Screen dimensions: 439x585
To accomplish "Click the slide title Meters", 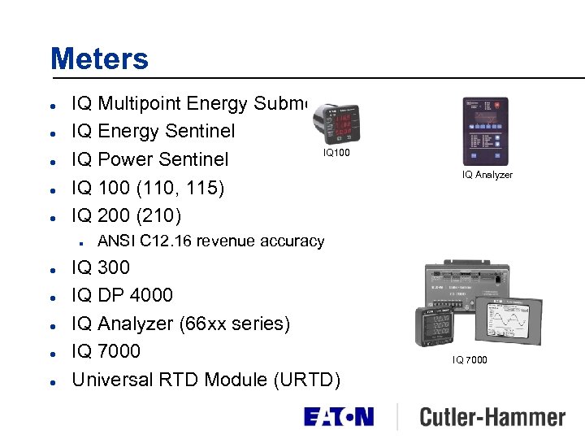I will coord(99,59).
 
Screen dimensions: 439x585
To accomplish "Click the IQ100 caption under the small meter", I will coord(336,152).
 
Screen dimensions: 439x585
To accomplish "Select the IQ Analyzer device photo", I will coord(485,131).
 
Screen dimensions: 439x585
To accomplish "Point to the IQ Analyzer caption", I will coord(487,175).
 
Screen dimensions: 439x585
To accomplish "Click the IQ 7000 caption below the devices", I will coord(470,359).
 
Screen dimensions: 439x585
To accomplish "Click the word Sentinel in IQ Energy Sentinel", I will coord(199,131).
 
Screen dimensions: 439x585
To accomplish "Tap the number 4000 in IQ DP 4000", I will coord(150,295).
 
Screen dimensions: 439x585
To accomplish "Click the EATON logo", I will coord(339,417).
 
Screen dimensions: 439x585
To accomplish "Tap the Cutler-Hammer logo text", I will coord(492,418).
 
